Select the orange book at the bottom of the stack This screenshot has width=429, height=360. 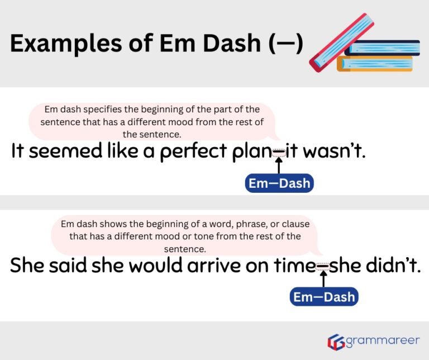pyautogui.click(x=375, y=64)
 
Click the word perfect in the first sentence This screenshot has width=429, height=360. pyautogui.click(x=195, y=151)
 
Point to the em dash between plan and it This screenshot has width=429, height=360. pyautogui.click(x=278, y=151)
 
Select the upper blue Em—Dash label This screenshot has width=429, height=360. pyautogui.click(x=279, y=183)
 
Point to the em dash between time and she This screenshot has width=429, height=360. pyautogui.click(x=323, y=267)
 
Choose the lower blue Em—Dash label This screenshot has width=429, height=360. pyautogui.click(x=324, y=297)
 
